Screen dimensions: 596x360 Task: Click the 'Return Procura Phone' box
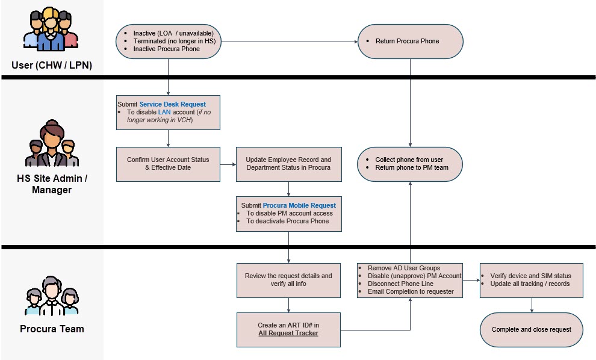pyautogui.click(x=410, y=42)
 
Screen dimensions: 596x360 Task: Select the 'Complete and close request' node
pyautogui.click(x=532, y=329)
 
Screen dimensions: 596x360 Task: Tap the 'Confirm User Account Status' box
pyautogui.click(x=168, y=164)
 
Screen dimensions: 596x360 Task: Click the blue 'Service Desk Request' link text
pyautogui.click(x=173, y=104)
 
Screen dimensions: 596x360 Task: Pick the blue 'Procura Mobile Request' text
pyautogui.click(x=299, y=205)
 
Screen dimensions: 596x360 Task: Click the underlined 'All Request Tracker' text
pyautogui.click(x=288, y=333)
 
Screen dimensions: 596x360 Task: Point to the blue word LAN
pyautogui.click(x=164, y=112)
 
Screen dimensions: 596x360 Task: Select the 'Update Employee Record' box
pyautogui.click(x=288, y=164)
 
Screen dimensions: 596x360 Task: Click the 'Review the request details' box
pyautogui.click(x=288, y=280)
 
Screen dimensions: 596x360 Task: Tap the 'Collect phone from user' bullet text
pyautogui.click(x=409, y=160)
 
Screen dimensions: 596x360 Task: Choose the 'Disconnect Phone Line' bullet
pyautogui.click(x=400, y=284)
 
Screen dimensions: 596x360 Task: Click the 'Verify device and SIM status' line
pyautogui.click(x=530, y=276)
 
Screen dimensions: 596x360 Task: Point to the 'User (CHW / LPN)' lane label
pyautogui.click(x=52, y=65)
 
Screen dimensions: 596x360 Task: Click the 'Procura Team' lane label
pyautogui.click(x=52, y=329)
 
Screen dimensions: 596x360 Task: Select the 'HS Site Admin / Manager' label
pyautogui.click(x=52, y=184)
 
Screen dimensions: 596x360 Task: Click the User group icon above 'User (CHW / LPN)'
pyautogui.click(x=51, y=29)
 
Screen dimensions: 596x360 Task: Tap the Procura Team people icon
pyautogui.click(x=52, y=296)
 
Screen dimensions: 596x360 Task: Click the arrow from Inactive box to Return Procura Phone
pyautogui.click(x=289, y=42)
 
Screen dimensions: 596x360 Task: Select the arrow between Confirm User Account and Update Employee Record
pyautogui.click(x=228, y=164)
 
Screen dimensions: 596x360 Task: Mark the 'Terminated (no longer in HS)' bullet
pyautogui.click(x=175, y=41)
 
